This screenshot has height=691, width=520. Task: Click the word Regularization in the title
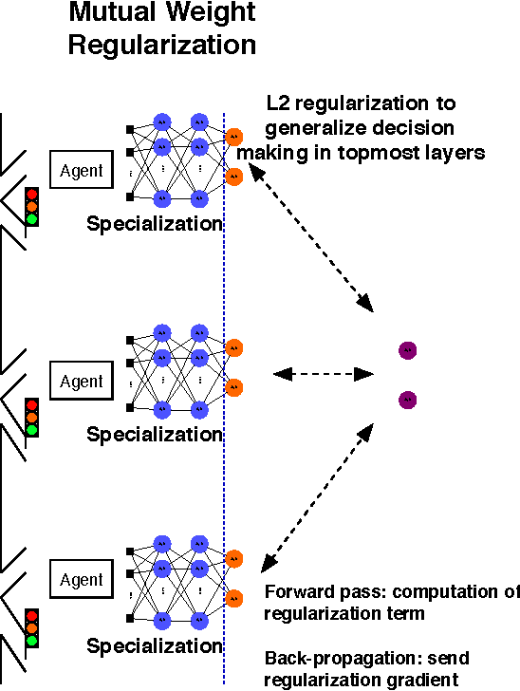tap(161, 45)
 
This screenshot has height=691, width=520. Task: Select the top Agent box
tap(82, 171)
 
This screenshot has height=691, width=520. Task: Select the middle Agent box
tap(82, 382)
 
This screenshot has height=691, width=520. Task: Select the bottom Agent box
tap(82, 580)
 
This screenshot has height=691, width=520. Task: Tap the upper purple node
tap(407, 351)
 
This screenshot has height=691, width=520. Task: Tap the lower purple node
tap(407, 400)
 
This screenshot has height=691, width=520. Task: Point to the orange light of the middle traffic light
tap(32, 417)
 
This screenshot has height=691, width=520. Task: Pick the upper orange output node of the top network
tap(234, 136)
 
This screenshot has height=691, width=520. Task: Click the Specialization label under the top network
tap(154, 225)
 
